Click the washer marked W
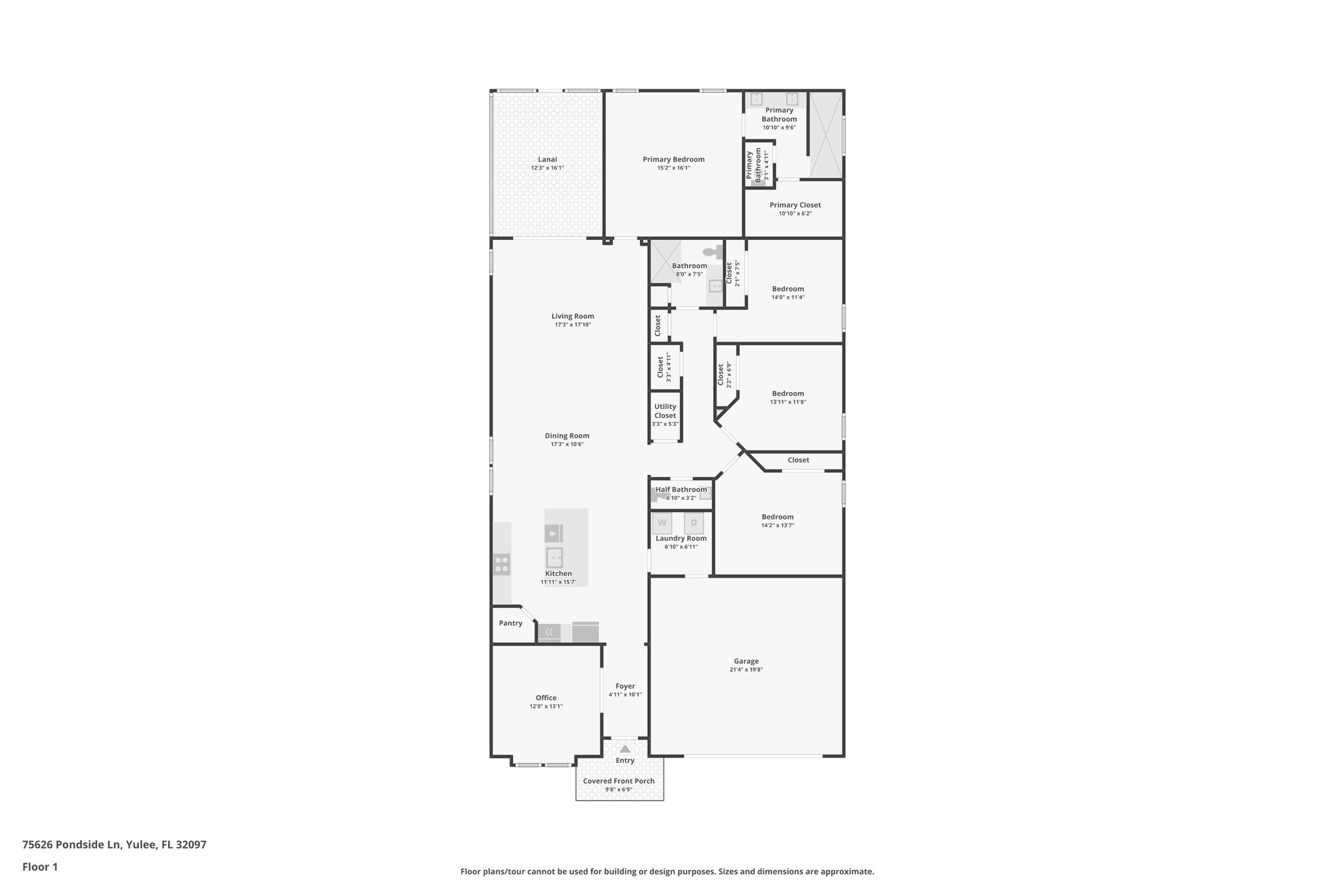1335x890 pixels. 662,523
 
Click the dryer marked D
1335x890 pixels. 694,523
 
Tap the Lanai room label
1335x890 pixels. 547,159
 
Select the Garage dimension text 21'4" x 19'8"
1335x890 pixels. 746,670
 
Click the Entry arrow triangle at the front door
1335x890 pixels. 625,749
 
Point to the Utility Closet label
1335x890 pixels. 665,411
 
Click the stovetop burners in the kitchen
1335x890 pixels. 501,564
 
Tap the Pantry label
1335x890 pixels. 510,623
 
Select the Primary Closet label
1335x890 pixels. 795,205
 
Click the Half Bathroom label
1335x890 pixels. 681,490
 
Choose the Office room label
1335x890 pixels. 546,698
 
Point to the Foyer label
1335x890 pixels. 625,686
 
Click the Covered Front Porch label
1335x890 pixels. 619,781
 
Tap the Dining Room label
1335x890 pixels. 567,436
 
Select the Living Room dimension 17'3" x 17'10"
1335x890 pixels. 572,325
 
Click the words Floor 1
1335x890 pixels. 40,867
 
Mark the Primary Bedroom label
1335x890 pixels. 673,159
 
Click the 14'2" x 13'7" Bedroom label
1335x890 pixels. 778,517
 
